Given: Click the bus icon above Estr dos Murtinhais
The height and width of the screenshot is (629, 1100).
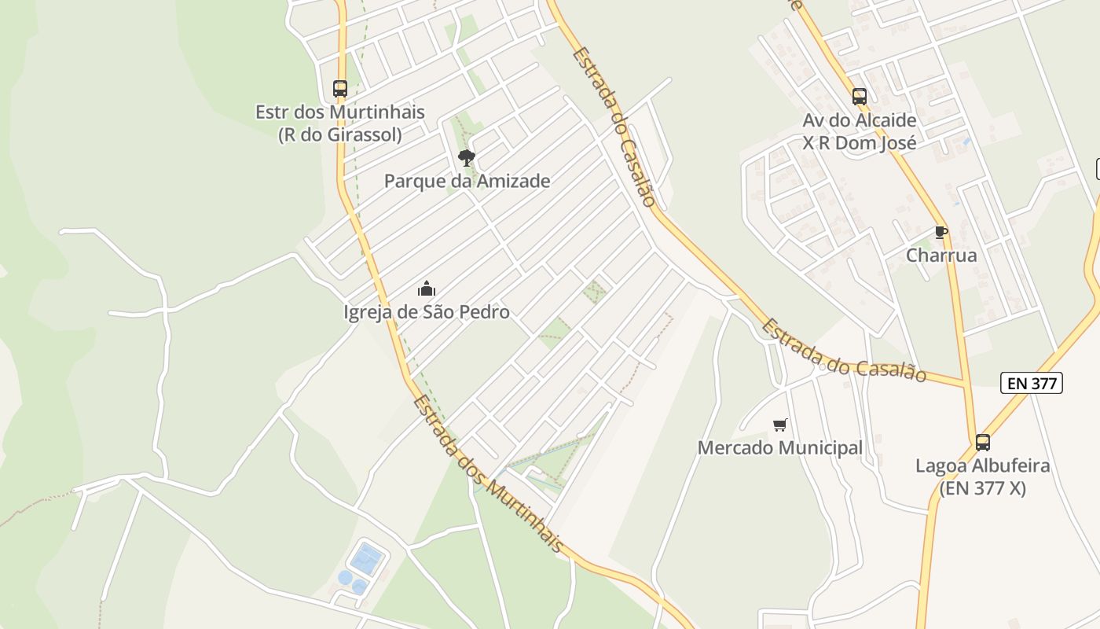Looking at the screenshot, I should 340,89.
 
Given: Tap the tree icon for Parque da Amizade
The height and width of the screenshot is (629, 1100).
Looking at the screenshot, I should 467,158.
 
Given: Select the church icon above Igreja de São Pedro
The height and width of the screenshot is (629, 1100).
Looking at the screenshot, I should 427,289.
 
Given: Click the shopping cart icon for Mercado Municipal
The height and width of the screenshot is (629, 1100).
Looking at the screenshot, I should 780,425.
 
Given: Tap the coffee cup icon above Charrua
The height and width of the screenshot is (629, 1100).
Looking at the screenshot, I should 941,232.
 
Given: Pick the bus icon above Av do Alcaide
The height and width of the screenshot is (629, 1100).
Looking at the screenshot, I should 860,97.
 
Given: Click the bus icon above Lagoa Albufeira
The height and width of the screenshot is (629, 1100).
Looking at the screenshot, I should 983,443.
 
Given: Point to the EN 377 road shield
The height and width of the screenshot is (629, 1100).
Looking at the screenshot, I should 1032,383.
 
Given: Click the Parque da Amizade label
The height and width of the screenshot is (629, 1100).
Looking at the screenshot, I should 467,181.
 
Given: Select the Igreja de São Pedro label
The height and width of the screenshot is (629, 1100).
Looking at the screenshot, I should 427,312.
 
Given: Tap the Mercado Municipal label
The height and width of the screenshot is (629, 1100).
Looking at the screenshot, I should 780,448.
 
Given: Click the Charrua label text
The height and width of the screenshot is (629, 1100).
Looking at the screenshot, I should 941,256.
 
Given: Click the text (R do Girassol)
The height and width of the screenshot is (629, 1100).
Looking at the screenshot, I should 340,134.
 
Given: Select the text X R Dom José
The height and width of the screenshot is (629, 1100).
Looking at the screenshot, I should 860,143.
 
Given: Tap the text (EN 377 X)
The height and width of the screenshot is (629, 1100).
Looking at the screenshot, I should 983,488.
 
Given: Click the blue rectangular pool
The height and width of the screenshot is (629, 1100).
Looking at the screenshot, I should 366,559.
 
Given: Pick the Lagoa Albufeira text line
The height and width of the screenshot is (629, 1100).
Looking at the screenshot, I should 983,465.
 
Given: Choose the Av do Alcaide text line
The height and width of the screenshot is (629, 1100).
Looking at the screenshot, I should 860,120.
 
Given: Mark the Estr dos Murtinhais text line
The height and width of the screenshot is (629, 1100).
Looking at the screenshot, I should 340,112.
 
